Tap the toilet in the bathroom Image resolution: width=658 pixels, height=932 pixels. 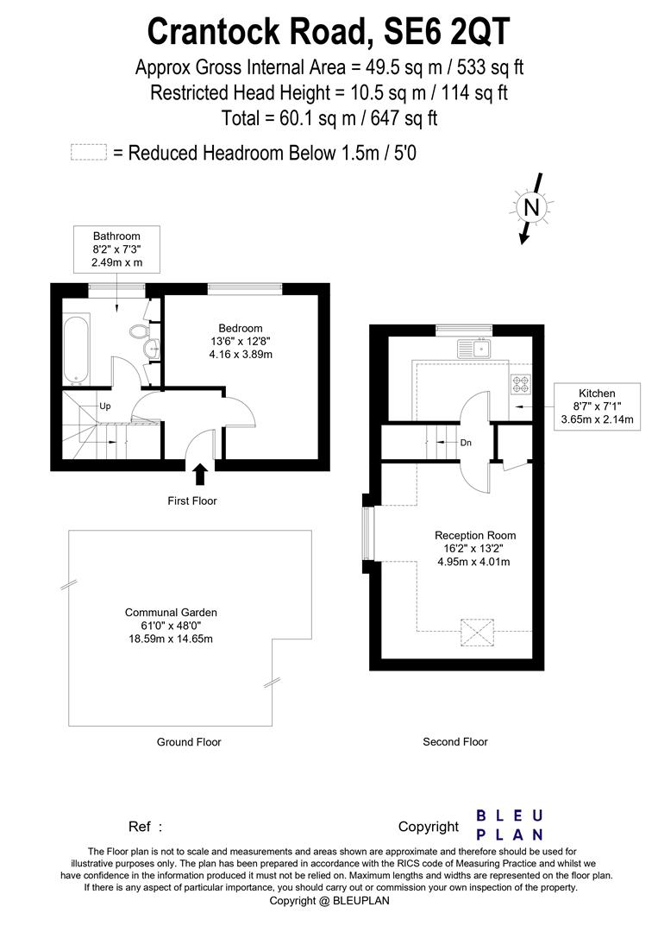click(x=139, y=331)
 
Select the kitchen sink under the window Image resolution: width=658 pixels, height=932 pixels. click(x=473, y=349)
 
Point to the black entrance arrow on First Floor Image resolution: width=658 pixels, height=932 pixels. click(x=201, y=474)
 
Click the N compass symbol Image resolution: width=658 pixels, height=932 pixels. click(x=532, y=207)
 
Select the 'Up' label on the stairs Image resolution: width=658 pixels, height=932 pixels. click(x=105, y=406)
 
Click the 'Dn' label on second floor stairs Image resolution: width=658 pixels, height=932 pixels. click(x=466, y=442)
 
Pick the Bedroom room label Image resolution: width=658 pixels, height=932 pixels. click(x=240, y=328)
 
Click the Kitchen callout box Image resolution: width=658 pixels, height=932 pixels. click(x=597, y=406)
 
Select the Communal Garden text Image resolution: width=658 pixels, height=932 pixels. click(x=169, y=613)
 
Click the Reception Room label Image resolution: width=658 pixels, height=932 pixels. click(x=474, y=536)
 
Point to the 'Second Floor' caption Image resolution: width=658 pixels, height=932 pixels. click(x=454, y=741)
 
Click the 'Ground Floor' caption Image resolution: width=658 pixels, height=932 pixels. click(x=189, y=742)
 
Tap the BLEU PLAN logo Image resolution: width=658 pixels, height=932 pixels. click(x=510, y=825)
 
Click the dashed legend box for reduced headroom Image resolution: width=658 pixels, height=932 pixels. click(x=88, y=153)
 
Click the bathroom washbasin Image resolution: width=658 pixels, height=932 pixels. click(x=152, y=348)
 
